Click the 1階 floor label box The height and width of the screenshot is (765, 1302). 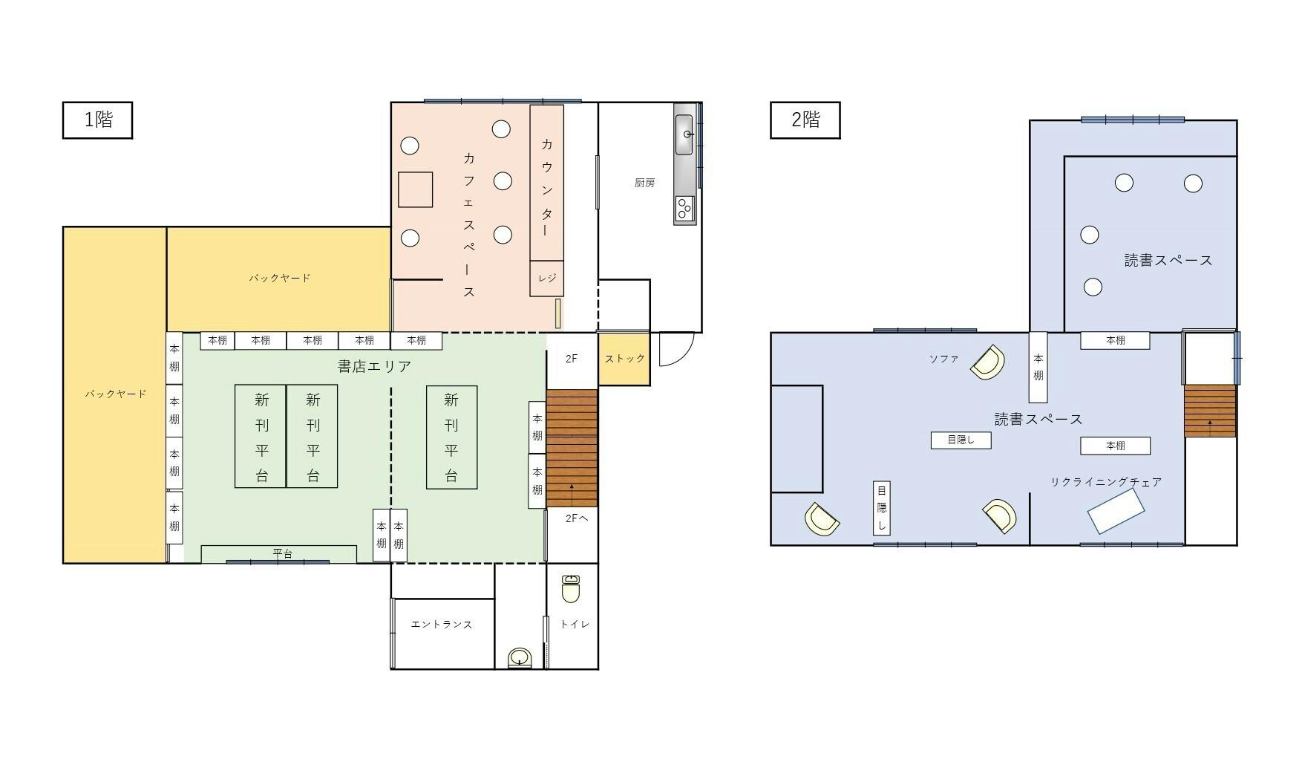[97, 120]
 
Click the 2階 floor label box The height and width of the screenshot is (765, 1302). [805, 120]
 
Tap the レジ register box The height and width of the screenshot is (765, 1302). [546, 279]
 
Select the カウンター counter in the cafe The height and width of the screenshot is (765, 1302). [546, 183]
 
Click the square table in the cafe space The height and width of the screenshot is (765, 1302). [415, 189]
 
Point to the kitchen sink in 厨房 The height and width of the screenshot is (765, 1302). [684, 134]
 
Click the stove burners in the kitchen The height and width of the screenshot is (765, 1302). [684, 209]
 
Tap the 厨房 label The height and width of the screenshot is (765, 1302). [644, 183]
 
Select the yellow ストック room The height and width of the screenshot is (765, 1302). [624, 359]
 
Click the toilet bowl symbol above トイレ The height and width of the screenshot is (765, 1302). [570, 590]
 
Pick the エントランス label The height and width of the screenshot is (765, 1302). [442, 625]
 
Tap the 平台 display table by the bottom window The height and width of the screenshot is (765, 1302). [279, 554]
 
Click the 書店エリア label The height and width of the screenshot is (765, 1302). [374, 366]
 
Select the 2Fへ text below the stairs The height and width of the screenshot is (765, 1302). [577, 518]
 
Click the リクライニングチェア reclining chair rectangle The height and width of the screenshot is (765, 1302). [1116, 511]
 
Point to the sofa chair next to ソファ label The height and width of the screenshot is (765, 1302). [987, 362]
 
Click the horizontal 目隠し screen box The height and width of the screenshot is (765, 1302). [961, 440]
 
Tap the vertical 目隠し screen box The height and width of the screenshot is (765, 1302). [882, 508]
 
